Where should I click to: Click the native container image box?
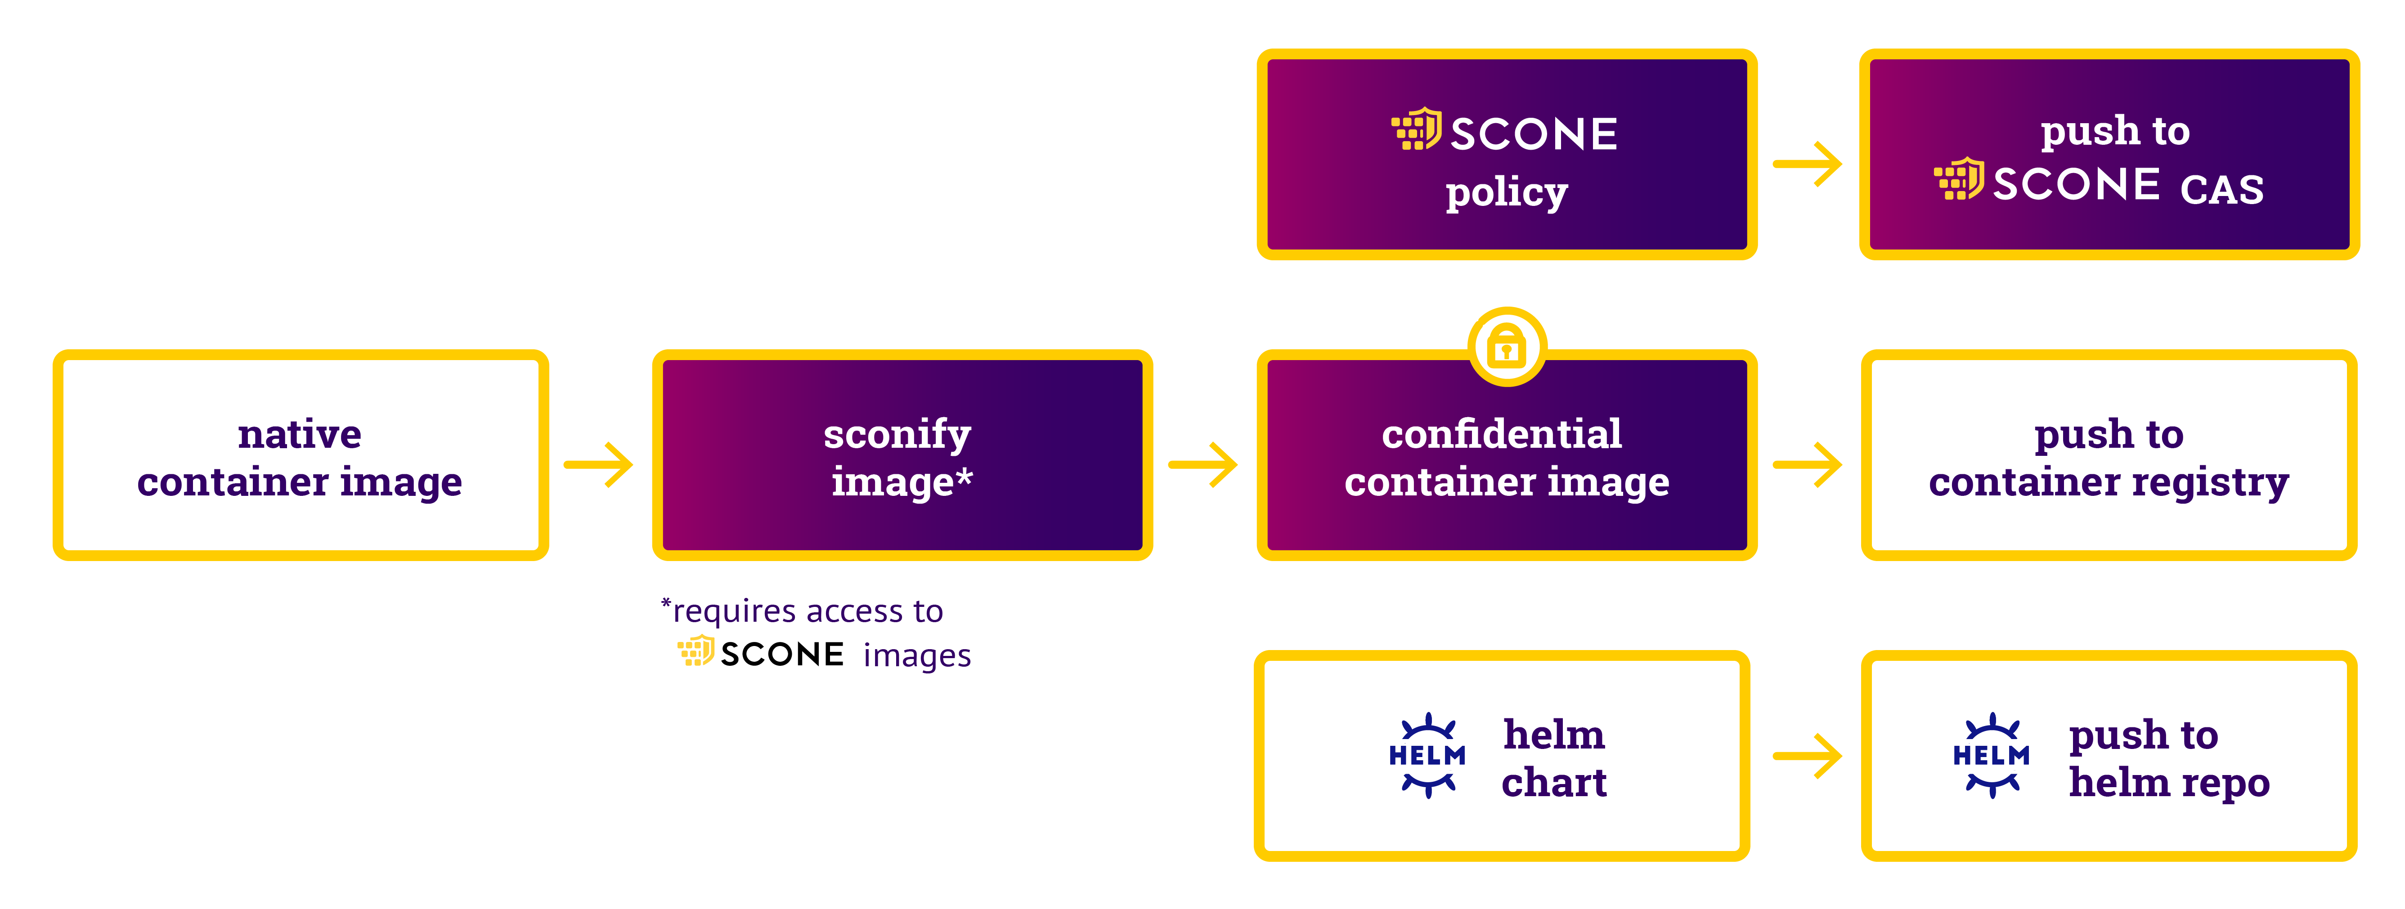click(x=300, y=455)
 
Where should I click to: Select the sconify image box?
click(x=902, y=455)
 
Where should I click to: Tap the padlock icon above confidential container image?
click(x=1506, y=347)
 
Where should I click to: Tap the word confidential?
click(x=1501, y=434)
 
